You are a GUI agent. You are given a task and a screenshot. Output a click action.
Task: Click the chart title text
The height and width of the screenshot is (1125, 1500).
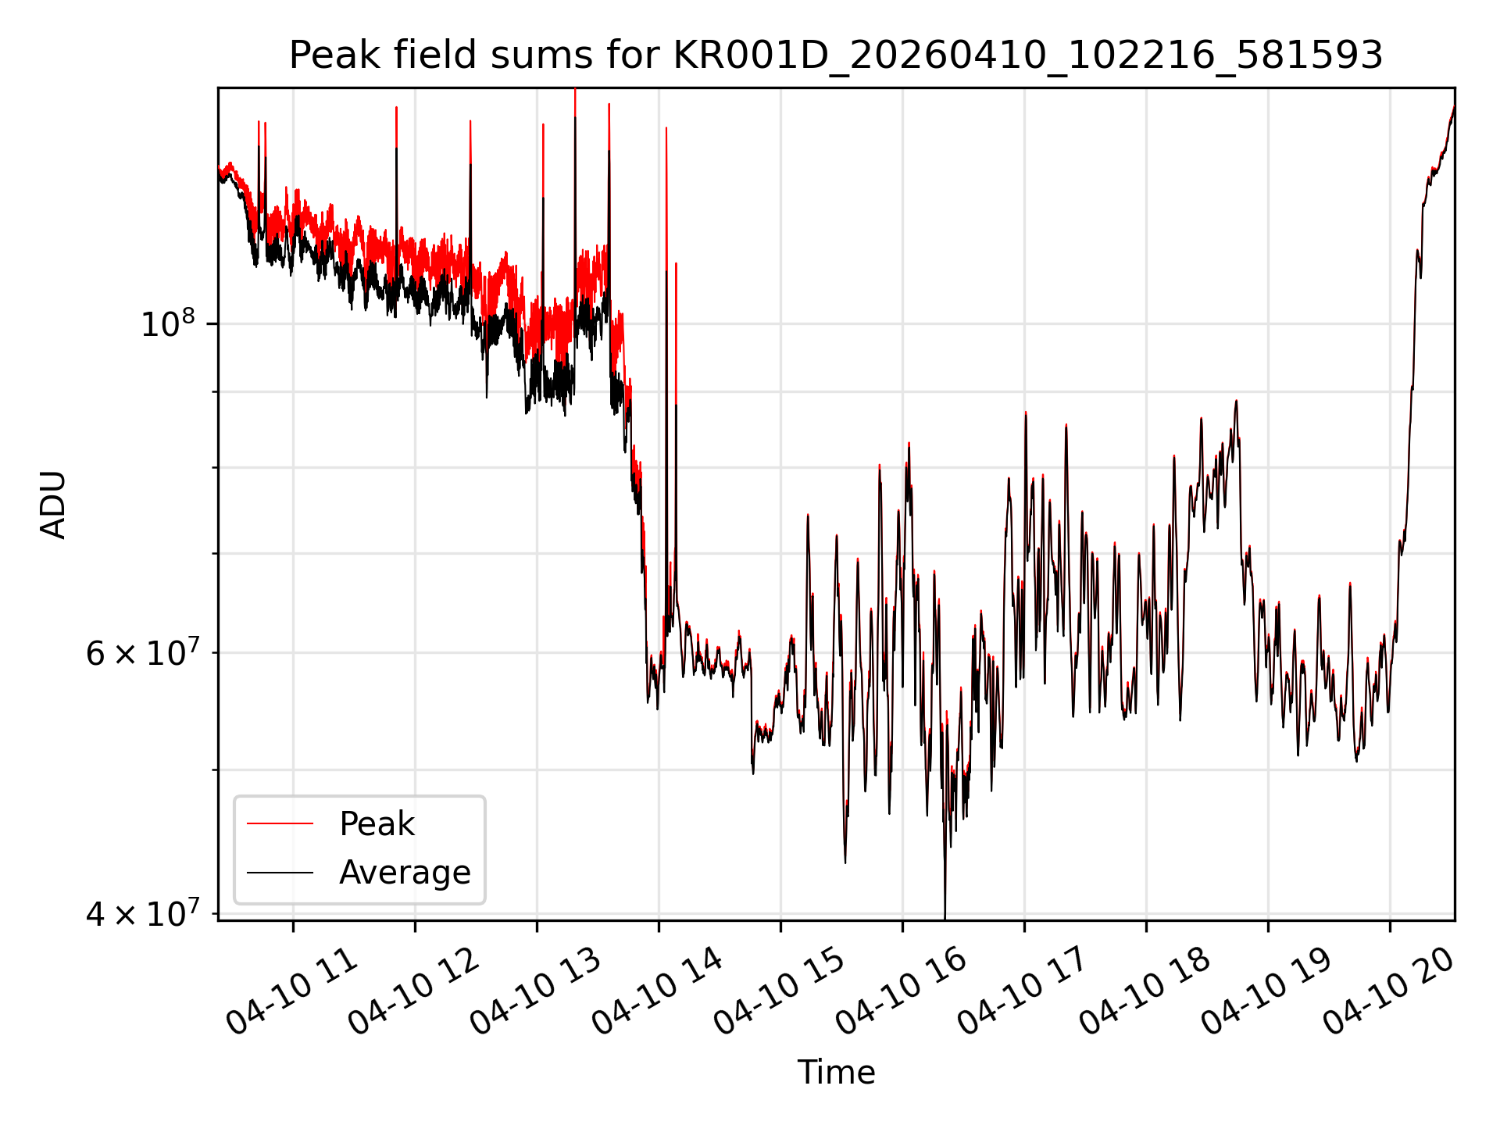836,55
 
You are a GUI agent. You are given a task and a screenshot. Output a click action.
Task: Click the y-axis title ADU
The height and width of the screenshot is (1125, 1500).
53,504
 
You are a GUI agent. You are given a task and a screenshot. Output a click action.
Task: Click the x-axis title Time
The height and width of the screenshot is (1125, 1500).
836,1072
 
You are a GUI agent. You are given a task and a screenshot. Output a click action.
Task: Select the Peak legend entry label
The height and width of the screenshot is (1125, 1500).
377,824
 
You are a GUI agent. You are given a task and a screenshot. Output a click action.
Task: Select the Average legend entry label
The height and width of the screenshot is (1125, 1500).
405,872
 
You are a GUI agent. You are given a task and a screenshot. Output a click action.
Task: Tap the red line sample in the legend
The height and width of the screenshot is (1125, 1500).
280,823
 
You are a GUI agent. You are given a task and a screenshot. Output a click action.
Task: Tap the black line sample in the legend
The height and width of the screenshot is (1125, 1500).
280,872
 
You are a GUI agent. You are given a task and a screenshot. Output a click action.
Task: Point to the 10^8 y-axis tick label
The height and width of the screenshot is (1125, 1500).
169,323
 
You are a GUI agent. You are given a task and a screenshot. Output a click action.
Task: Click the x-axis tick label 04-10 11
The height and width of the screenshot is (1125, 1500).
292,991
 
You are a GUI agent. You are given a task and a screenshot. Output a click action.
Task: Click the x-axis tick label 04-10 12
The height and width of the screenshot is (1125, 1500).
414,991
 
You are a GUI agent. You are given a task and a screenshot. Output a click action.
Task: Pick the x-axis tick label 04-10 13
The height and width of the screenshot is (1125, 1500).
536,991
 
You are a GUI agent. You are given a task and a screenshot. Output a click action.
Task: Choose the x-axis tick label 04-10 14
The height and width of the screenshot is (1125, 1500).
658,991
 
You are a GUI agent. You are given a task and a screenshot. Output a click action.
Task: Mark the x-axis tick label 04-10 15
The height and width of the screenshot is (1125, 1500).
780,991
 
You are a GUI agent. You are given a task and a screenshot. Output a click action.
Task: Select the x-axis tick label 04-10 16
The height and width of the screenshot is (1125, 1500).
902,991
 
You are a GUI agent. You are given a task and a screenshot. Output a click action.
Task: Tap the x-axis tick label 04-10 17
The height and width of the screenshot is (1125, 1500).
1023,991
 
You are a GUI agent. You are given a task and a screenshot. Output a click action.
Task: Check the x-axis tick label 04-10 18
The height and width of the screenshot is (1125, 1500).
1145,991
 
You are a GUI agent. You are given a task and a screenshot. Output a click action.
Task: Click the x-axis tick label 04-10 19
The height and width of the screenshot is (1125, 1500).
1267,991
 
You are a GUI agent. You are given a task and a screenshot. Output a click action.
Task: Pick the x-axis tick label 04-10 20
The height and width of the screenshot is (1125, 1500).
1389,991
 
